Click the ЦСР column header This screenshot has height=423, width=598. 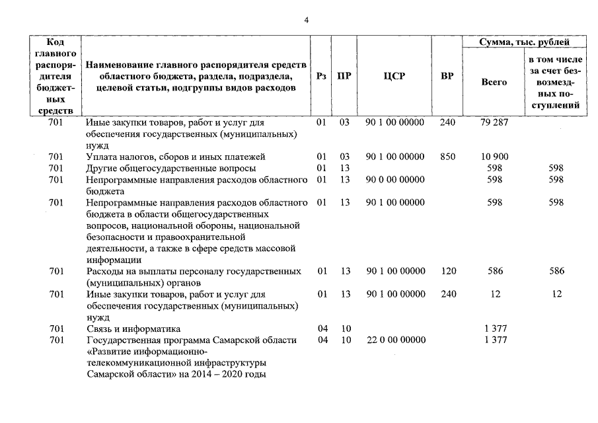(x=394, y=76)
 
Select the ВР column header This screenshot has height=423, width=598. (x=447, y=76)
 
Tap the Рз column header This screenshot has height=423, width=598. (x=321, y=76)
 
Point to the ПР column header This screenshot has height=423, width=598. (x=344, y=76)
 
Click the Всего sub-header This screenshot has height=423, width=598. (x=494, y=83)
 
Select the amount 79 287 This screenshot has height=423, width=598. (x=494, y=122)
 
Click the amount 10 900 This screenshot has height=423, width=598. (x=494, y=157)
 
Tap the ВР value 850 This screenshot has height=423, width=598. (x=447, y=157)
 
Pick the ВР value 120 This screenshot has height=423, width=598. (x=447, y=272)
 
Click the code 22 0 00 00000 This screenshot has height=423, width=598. (x=395, y=340)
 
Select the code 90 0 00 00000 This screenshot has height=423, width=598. (x=395, y=180)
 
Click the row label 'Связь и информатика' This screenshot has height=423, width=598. (x=133, y=328)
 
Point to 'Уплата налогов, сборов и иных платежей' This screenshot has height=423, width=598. (x=175, y=157)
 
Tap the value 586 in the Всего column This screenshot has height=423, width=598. (x=494, y=272)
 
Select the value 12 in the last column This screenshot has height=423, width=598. (x=556, y=294)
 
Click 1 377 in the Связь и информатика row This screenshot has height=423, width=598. (x=494, y=328)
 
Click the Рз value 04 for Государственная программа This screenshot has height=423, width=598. (x=322, y=340)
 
